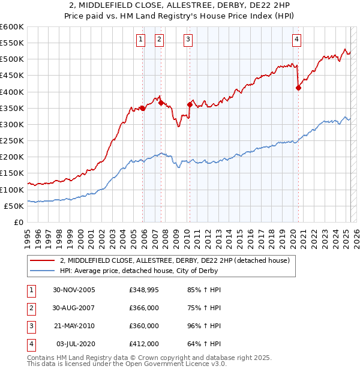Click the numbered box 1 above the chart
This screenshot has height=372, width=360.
coord(140,40)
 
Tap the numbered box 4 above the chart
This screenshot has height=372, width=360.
coord(297,40)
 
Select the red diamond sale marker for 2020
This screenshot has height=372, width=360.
coord(298,88)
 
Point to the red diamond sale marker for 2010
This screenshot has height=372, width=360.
coord(190,104)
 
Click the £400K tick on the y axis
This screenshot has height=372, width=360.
coord(11,92)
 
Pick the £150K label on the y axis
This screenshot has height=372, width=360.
coord(11,173)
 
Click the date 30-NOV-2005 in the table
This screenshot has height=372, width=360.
coord(74,290)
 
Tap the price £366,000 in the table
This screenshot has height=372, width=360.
coord(144,308)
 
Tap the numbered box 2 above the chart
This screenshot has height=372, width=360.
coord(159,40)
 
